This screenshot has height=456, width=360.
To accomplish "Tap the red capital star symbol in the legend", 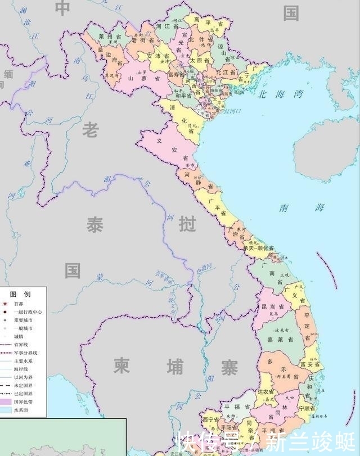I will [5, 304].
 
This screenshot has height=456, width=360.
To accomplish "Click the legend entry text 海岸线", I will [23, 369].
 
